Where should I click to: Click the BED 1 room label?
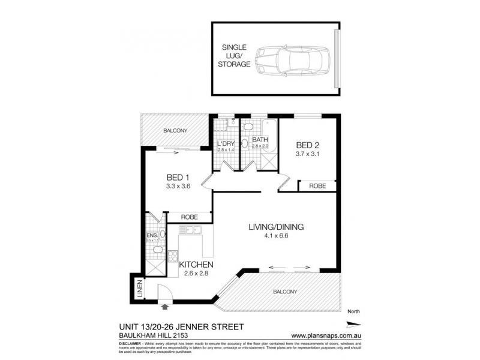[178, 177]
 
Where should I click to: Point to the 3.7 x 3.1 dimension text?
[309, 155]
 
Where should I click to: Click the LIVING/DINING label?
[277, 227]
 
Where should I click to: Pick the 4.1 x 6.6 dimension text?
[277, 237]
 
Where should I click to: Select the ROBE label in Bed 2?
[317, 187]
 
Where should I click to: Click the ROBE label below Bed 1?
[189, 217]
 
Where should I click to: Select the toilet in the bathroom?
[245, 144]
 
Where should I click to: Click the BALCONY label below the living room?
[284, 292]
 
